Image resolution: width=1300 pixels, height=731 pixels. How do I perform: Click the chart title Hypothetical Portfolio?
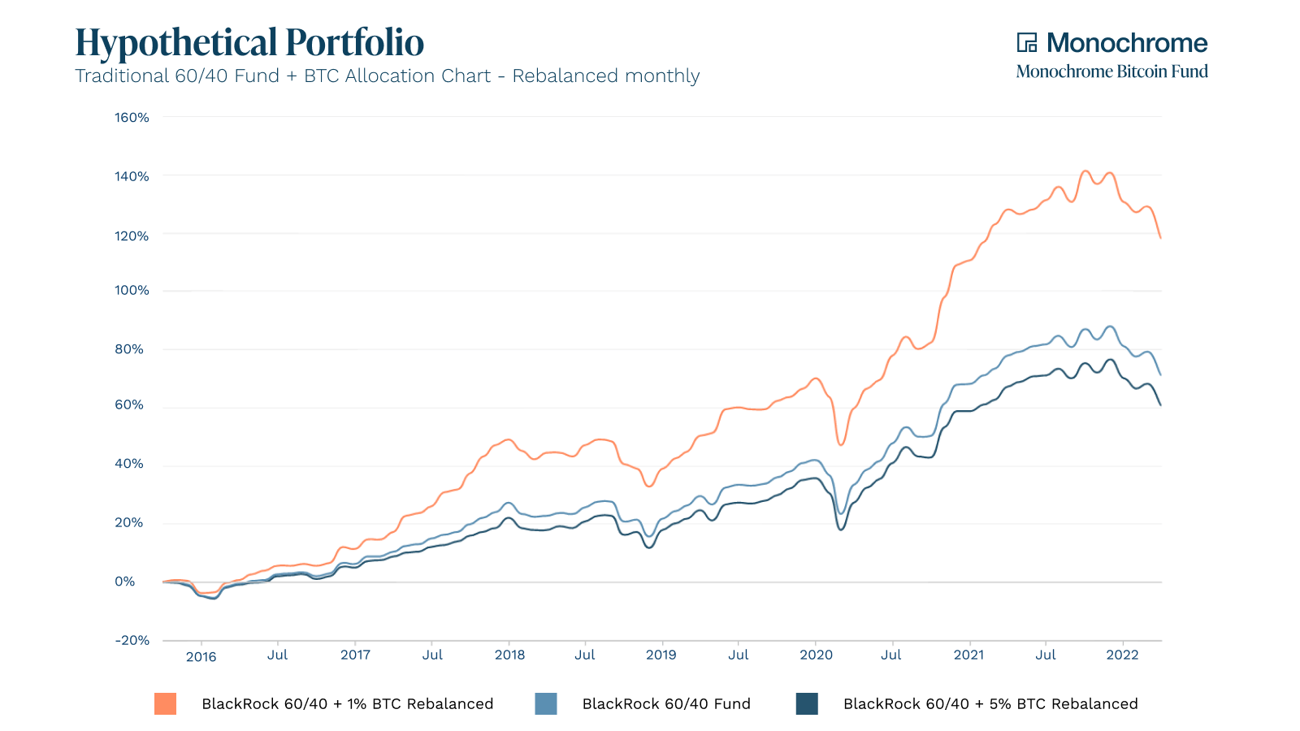(x=249, y=42)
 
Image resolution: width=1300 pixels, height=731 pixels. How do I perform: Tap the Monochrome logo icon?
(x=1027, y=42)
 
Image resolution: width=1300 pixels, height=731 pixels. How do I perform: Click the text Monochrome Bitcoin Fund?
(x=1111, y=71)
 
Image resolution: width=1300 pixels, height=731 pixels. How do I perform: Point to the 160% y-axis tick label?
(x=132, y=118)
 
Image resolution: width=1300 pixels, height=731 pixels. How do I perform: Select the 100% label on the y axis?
(x=132, y=290)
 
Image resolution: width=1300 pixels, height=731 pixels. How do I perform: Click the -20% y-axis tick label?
(x=132, y=640)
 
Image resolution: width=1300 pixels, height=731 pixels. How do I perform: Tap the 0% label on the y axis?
(x=125, y=582)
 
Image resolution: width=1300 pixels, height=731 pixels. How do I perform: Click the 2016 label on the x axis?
(x=201, y=656)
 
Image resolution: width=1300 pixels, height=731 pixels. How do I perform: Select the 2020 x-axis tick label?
(x=816, y=655)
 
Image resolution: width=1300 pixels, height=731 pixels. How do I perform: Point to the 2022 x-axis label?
(x=1122, y=655)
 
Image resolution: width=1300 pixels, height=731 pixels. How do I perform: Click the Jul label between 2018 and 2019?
(x=585, y=655)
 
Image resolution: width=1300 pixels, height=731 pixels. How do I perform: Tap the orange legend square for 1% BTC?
(x=166, y=703)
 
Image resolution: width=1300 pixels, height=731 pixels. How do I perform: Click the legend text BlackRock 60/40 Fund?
(x=666, y=703)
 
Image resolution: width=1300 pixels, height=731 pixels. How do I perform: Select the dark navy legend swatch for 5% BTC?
(x=807, y=703)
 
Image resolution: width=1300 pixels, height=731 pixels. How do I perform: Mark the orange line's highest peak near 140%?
(x=1085, y=171)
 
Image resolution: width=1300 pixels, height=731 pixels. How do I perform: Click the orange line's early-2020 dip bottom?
(x=841, y=444)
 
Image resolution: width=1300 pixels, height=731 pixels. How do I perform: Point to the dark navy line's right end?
(x=1160, y=404)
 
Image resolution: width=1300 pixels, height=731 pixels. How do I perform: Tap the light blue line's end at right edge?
(x=1160, y=374)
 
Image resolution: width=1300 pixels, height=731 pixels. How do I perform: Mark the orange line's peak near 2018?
(x=509, y=439)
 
